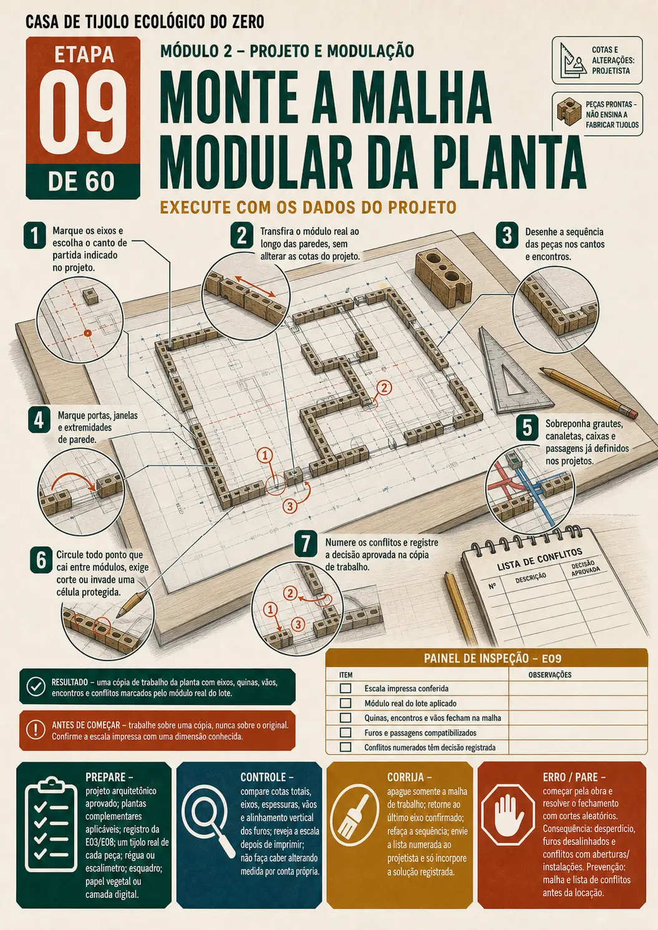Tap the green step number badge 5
point(527,429)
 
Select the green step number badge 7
point(306,543)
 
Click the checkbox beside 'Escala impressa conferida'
point(346,689)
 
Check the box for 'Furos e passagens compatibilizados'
point(346,732)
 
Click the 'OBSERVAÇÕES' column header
point(549,675)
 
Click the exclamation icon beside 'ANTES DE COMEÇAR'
point(36,730)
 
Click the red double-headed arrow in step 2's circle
point(255,286)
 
